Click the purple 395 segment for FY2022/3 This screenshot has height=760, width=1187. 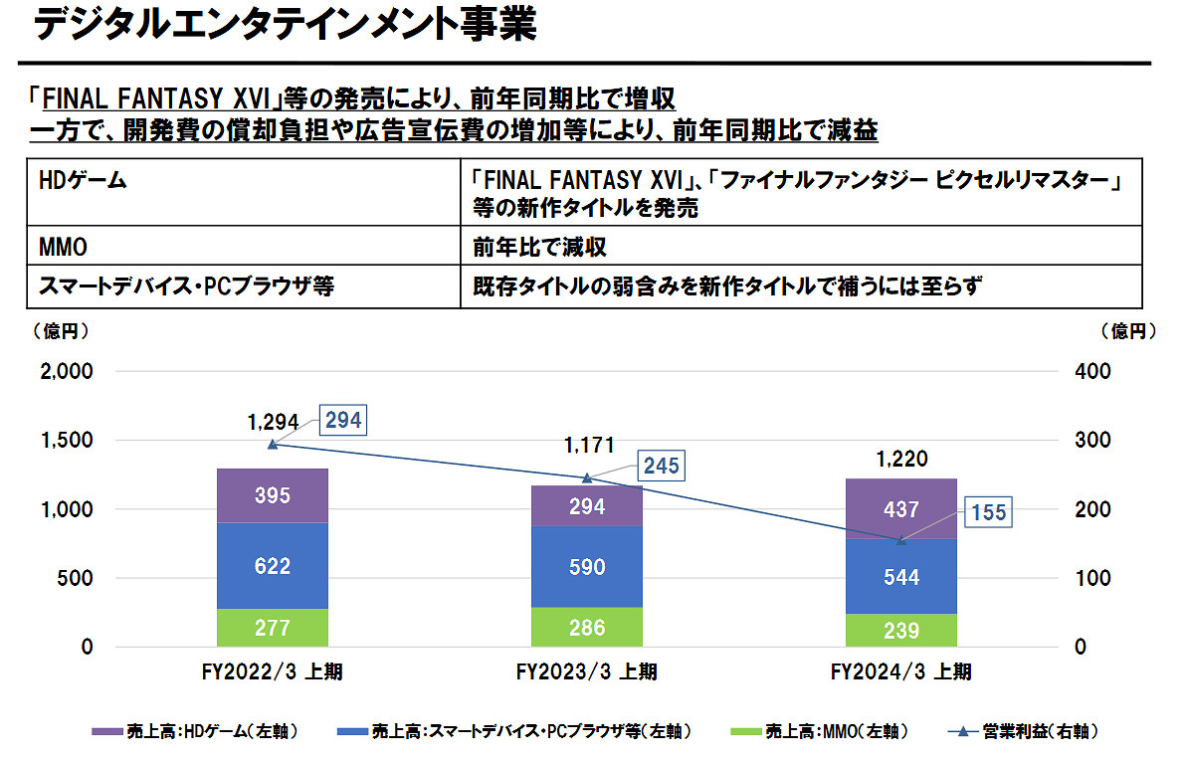coord(272,495)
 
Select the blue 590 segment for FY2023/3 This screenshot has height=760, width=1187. coord(586,567)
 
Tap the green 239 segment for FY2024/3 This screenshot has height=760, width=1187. coord(900,630)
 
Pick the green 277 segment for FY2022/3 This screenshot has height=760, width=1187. coord(272,628)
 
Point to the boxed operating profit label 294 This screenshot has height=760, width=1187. coord(342,421)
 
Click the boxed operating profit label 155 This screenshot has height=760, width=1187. coord(987,513)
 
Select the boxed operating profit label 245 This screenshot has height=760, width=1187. coord(661,466)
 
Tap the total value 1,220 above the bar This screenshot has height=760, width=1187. coord(901,459)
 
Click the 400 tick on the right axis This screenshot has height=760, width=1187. coord(1092,371)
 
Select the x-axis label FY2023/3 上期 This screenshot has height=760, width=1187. coord(586,672)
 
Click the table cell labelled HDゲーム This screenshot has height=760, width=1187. coord(84,182)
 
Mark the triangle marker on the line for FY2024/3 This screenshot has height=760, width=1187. coord(901,540)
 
